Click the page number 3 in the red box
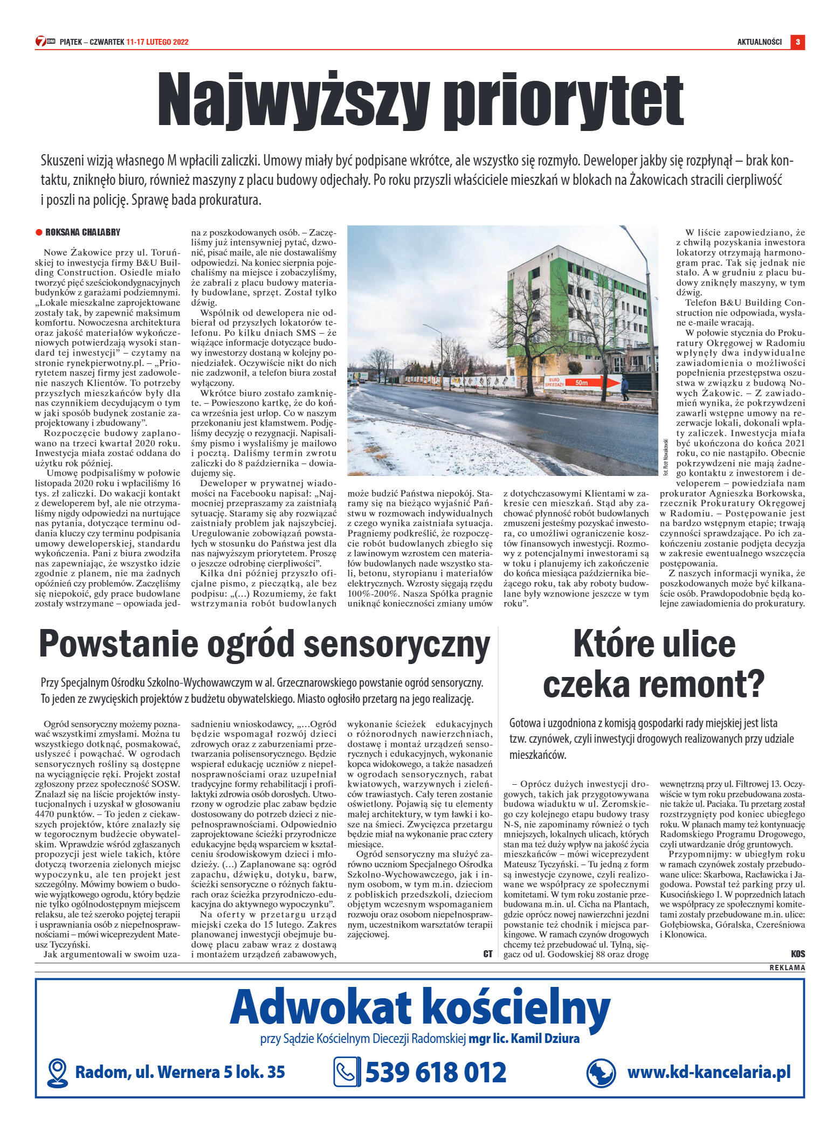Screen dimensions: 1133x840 pos(797,42)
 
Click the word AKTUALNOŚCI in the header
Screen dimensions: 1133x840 pos(759,42)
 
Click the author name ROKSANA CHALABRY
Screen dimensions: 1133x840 pos(82,232)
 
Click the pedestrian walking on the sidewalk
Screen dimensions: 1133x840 pos(624,387)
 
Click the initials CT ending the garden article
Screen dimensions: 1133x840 pos(487,954)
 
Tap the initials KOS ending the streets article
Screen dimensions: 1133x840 pos(798,954)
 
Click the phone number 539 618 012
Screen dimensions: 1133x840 pos(436,1072)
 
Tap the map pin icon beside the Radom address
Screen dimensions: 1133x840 pos(57,1072)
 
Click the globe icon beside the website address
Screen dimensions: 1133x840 pos(601,1072)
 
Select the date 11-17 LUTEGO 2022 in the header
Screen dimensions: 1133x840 pos(157,42)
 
